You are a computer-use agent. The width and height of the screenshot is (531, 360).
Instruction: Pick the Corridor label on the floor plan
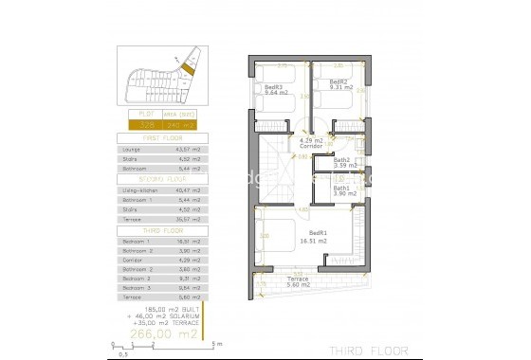point(310,144)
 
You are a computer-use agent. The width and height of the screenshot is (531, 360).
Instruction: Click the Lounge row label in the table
point(133,149)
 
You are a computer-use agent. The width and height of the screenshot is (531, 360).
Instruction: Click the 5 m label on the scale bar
point(219,344)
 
